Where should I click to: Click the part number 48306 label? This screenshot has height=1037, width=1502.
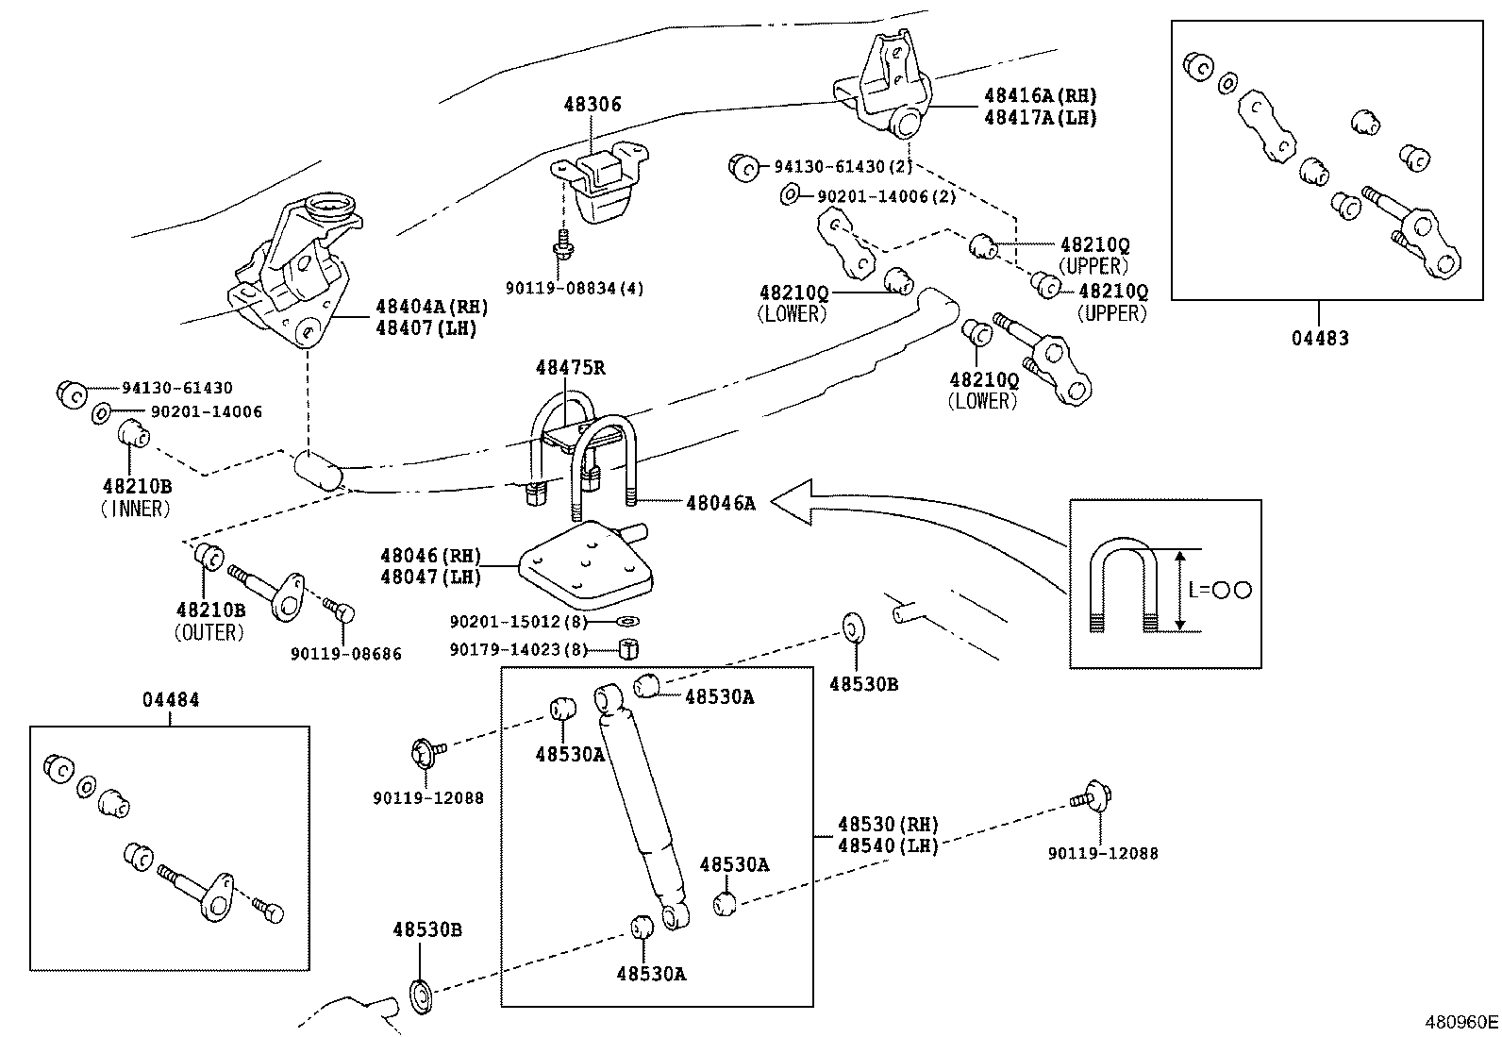[x=592, y=105]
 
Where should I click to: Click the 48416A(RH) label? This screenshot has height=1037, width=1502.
[x=1040, y=95]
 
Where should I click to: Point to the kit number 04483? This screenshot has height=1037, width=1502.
[x=1320, y=338]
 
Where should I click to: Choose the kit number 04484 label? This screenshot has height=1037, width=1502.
[x=171, y=700]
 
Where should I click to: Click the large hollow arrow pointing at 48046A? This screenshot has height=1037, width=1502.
[x=802, y=502]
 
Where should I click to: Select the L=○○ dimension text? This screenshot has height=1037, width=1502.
[x=1219, y=590]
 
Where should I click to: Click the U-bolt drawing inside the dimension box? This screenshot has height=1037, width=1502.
[x=1124, y=585]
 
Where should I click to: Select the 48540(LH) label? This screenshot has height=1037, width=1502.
[x=888, y=845]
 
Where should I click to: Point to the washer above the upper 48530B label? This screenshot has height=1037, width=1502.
[x=853, y=627]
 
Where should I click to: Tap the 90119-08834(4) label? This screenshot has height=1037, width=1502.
[x=574, y=289]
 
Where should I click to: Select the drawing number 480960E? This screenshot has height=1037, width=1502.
[x=1460, y=1021]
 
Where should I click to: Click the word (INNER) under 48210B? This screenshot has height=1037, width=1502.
[x=136, y=509]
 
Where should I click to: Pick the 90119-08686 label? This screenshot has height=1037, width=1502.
[x=345, y=654]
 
